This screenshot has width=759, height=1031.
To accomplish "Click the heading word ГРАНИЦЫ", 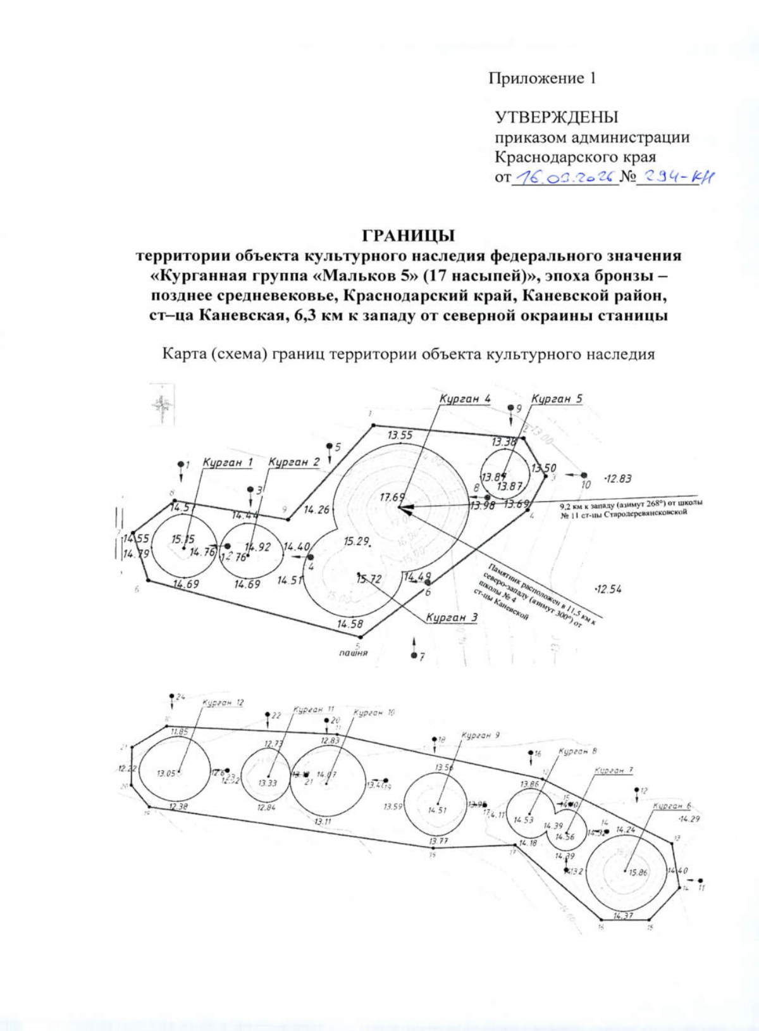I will coord(408,235).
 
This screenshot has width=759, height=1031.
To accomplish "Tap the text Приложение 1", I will coord(542,78).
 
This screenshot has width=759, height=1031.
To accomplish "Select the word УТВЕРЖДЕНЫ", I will coord(556,117).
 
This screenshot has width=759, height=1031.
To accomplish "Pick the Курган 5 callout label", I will coord(557,399).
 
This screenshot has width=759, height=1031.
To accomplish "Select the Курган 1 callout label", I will coord(228,463).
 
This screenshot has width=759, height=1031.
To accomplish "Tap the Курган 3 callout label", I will coord(452,617).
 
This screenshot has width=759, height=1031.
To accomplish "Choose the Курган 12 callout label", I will coord(223,703).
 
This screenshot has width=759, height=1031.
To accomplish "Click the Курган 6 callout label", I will coord(672,806).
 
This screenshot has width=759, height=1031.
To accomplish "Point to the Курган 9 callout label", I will coord(481,735).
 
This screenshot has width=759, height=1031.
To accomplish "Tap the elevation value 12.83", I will coord(617,479).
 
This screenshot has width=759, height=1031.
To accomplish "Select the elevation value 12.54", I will coord(608,589).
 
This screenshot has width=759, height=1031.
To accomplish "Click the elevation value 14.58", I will coord(350,624).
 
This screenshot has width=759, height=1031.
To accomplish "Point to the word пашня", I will coord(353,653).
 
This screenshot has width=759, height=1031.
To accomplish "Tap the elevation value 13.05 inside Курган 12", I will coord(167,773).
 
